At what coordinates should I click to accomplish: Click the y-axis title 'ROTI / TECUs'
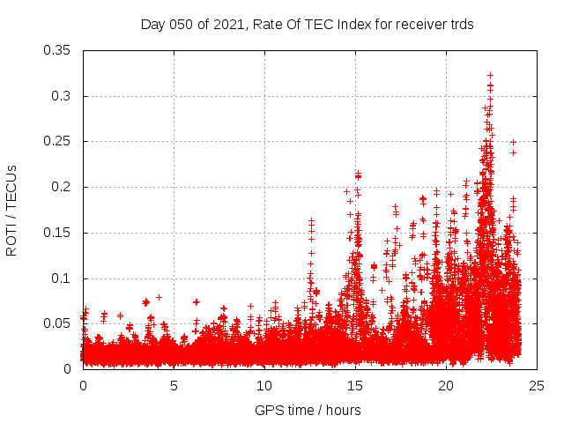point(11,210)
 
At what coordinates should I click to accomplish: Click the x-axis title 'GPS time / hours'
point(308,410)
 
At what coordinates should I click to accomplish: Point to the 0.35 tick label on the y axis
point(58,50)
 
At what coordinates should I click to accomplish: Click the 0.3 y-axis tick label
point(63,96)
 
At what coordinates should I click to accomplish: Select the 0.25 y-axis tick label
point(58,141)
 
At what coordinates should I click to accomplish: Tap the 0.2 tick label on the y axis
point(63,187)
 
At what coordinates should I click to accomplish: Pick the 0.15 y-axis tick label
point(58,233)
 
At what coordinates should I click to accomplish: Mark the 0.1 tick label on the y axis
point(63,278)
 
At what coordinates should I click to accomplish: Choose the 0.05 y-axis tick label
point(58,323)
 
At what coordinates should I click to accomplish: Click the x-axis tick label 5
point(174,385)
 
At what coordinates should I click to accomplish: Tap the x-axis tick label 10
point(264,385)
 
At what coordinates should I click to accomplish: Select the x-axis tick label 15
point(355,385)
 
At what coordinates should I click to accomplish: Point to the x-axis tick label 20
point(446,385)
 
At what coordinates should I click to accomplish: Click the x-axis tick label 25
point(537,385)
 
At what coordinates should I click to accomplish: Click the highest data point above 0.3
point(490,76)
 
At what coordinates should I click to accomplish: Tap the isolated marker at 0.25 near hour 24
point(513,142)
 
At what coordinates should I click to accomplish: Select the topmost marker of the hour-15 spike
point(358,174)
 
